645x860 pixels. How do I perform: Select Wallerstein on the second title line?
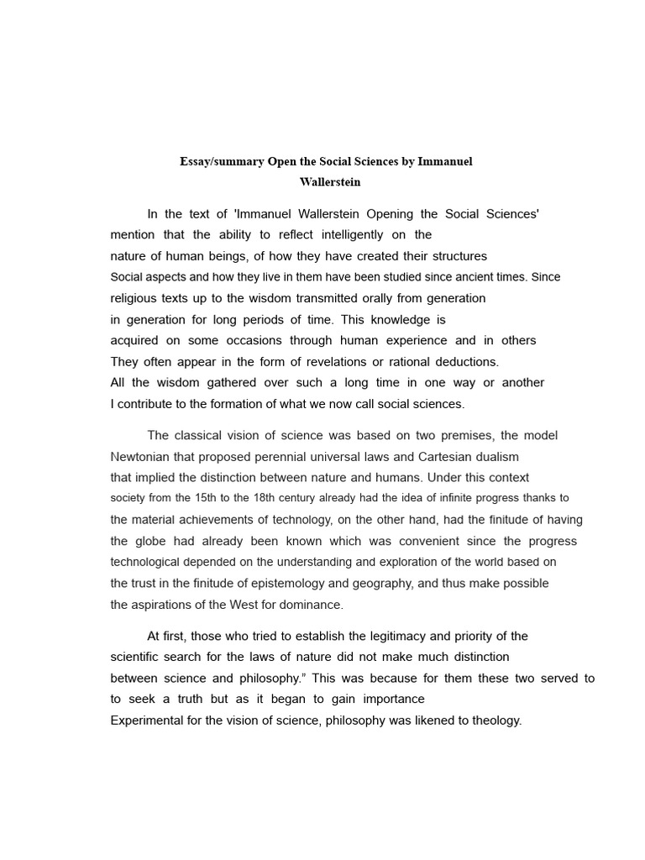tap(326, 181)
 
